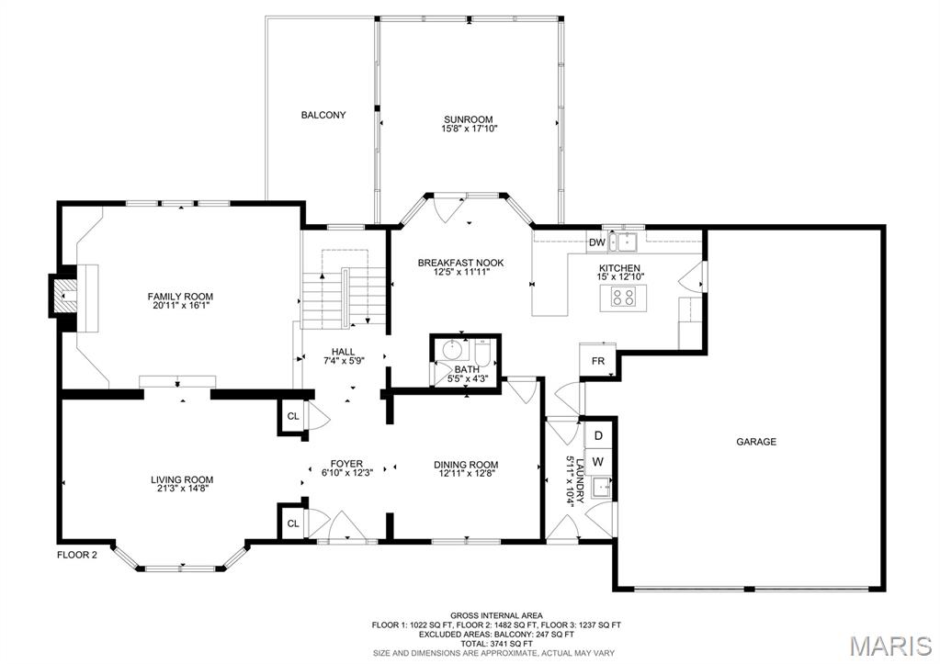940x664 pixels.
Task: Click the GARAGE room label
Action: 755,442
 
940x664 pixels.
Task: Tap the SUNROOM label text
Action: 468,119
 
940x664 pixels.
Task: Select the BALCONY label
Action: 323,115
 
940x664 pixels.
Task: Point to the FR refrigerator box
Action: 597,362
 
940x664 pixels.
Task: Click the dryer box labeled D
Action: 598,434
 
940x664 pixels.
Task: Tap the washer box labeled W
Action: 598,461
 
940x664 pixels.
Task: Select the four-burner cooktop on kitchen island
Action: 622,297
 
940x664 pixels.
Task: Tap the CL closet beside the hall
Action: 293,416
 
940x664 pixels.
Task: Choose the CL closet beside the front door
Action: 293,523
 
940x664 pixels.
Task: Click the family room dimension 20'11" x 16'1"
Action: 181,306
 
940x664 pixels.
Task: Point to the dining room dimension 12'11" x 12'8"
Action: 466,475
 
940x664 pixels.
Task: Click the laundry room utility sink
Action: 600,488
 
